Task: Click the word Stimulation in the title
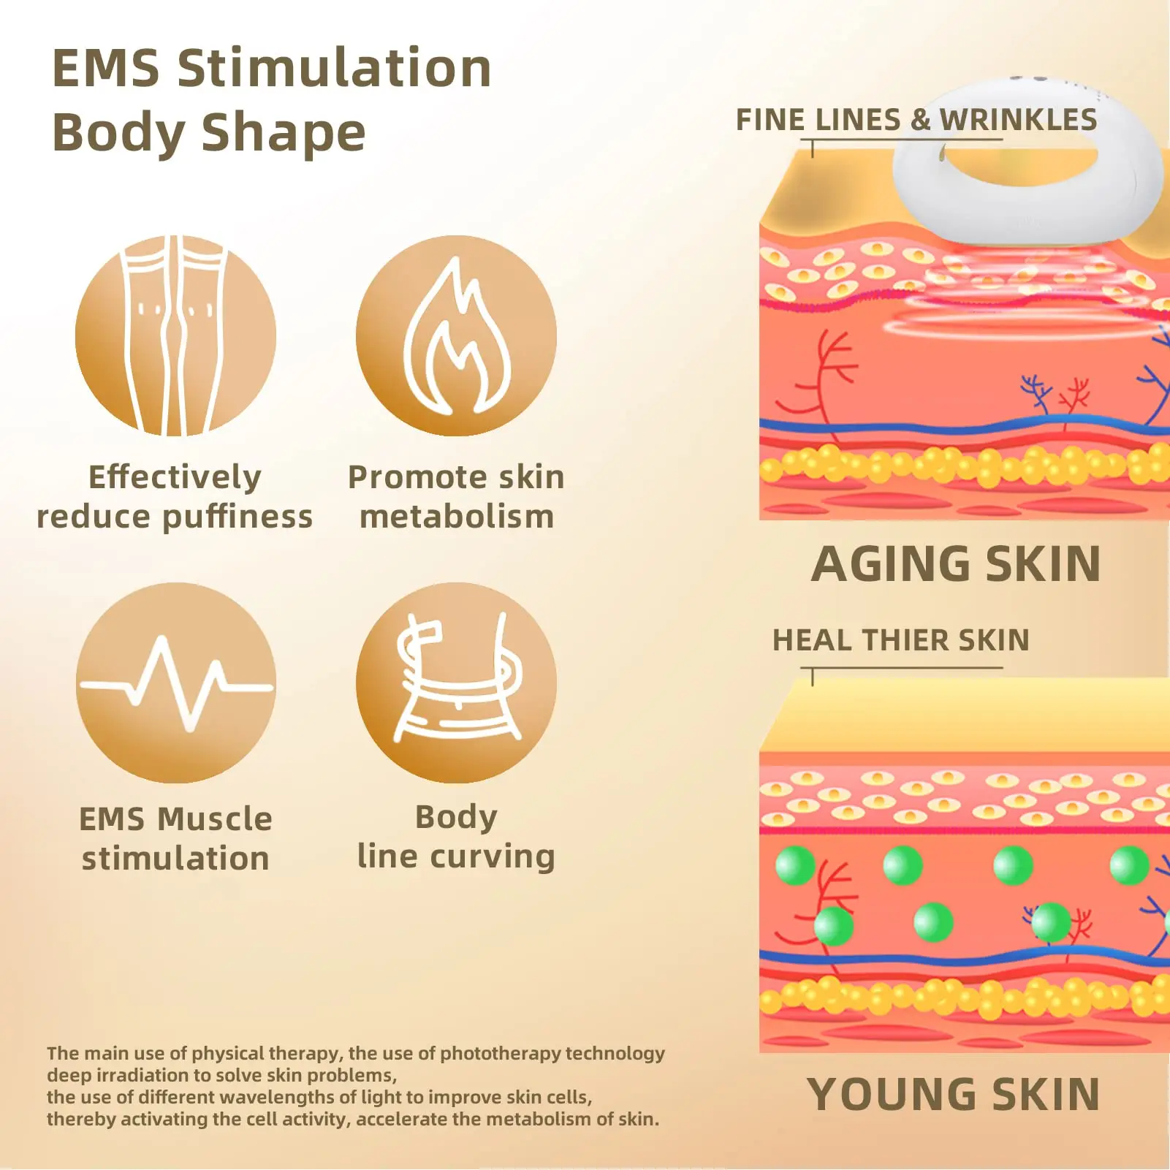(334, 68)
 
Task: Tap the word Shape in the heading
(283, 134)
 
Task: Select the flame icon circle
(456, 336)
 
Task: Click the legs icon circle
(175, 336)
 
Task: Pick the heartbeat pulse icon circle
(175, 683)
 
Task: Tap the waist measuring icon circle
(456, 683)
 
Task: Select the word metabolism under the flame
(457, 517)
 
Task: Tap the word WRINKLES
(1018, 120)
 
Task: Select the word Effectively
(175, 478)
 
